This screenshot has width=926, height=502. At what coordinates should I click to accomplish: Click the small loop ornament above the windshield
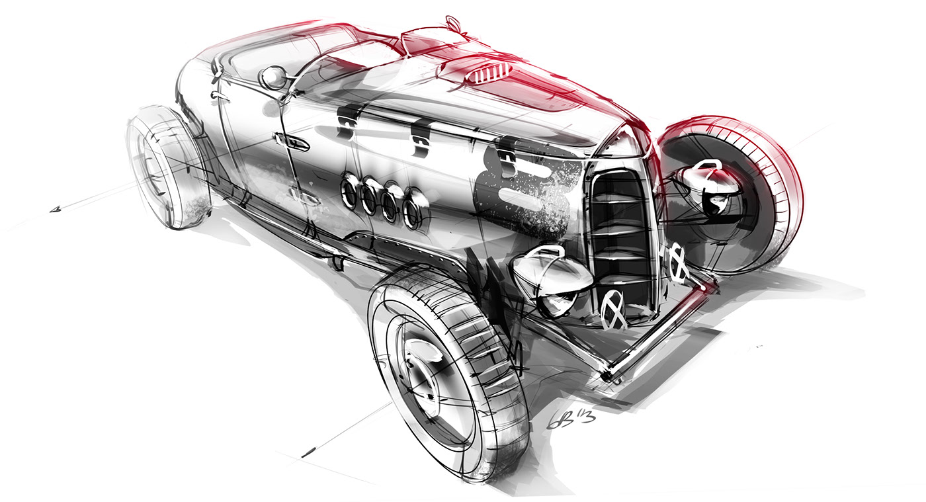452,22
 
